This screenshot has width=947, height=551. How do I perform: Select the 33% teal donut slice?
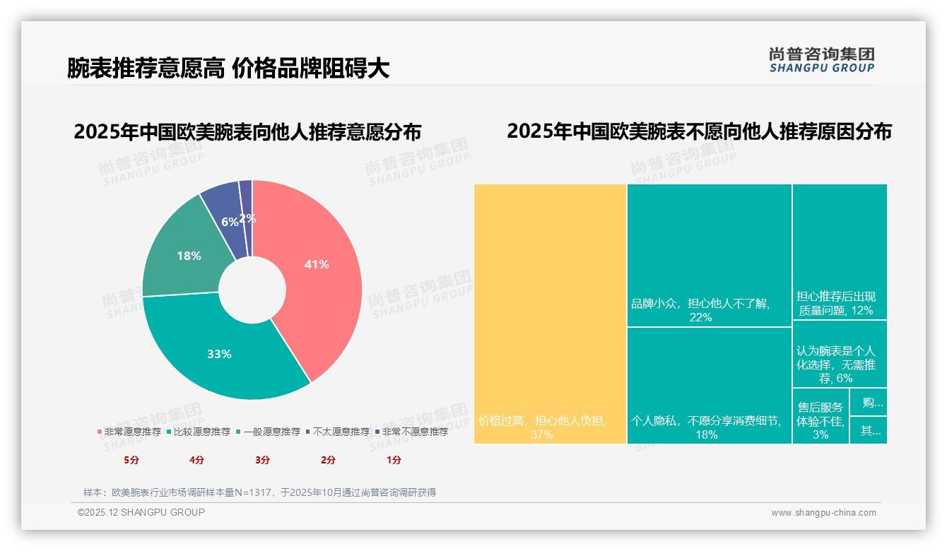click(219, 350)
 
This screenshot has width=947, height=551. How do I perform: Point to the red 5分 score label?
click(131, 460)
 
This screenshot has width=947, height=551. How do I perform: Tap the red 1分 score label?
click(394, 460)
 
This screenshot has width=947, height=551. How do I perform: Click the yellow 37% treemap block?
click(550, 314)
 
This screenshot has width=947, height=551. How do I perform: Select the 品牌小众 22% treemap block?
click(709, 255)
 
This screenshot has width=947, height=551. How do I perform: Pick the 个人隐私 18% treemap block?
click(709, 386)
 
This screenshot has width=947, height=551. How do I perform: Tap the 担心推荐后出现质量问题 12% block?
click(839, 251)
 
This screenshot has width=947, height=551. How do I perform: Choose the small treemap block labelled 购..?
click(868, 402)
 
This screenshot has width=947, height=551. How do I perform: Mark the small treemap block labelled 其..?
click(868, 430)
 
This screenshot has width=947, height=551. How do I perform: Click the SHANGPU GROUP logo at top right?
click(821, 60)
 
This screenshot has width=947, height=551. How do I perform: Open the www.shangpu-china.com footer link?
click(823, 513)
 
